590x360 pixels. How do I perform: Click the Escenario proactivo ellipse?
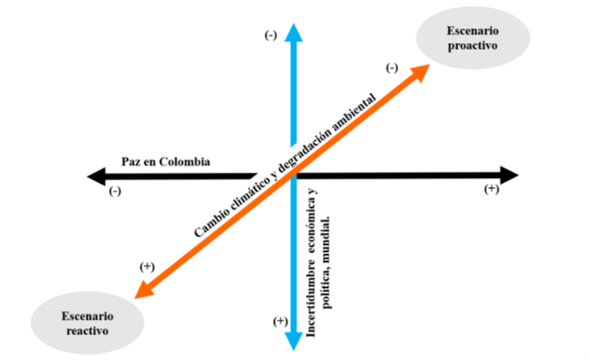point(471,38)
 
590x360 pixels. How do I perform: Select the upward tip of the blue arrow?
point(294,27)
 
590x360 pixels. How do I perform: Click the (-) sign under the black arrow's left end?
point(115,191)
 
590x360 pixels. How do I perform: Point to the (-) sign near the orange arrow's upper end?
point(392,68)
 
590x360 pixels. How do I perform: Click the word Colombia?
point(187,161)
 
